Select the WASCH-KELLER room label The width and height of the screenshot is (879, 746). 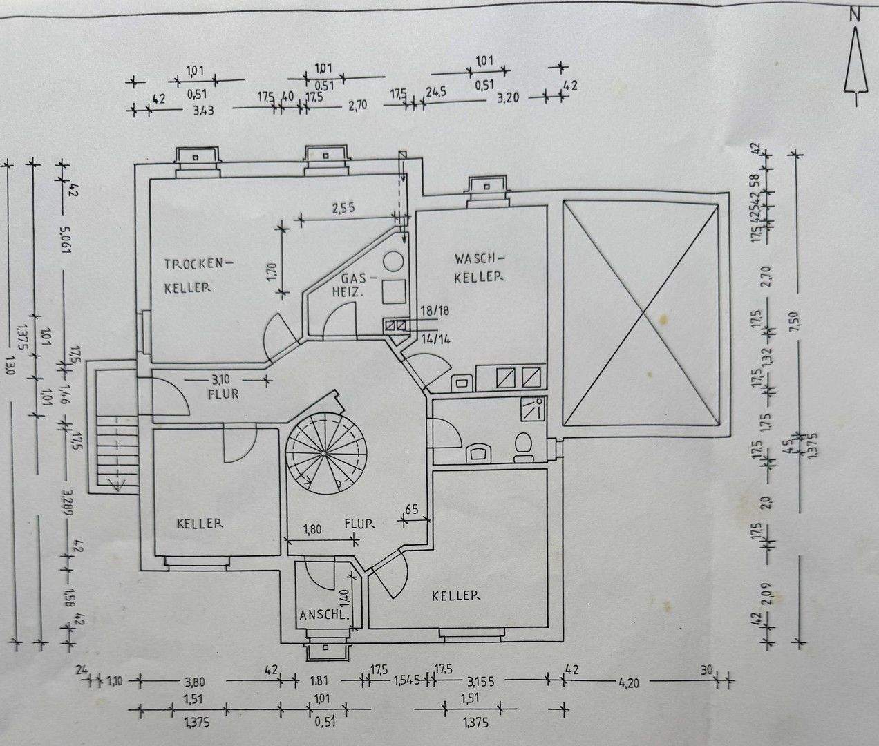coord(478,268)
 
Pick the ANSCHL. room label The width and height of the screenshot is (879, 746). coord(322,615)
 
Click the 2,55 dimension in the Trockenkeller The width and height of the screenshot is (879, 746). coord(343,208)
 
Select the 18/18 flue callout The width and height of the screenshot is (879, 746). coord(435,312)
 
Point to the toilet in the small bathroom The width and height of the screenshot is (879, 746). coord(523,446)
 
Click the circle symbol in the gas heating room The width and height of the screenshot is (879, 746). coord(393,262)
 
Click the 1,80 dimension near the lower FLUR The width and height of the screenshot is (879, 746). coord(312,530)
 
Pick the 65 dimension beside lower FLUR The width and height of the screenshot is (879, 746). coord(413,510)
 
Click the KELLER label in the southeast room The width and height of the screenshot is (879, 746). coord(456,595)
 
